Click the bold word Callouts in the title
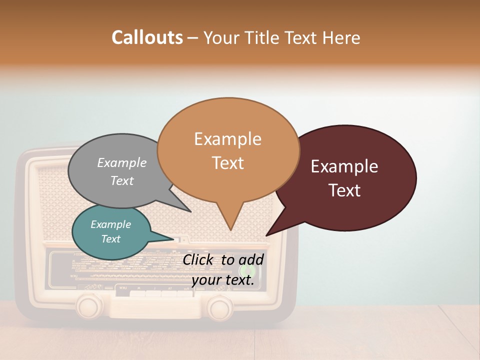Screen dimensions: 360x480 147,37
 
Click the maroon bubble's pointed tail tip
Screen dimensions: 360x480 266,235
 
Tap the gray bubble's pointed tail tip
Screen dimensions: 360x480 190,211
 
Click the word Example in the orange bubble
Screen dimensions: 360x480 227,139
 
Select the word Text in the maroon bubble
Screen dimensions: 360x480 345,190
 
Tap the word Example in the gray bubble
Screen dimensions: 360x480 122,163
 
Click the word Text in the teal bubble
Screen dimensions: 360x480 111,239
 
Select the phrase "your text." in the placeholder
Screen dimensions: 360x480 223,280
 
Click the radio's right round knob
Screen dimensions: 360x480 220,306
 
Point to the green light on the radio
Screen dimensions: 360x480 250,271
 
